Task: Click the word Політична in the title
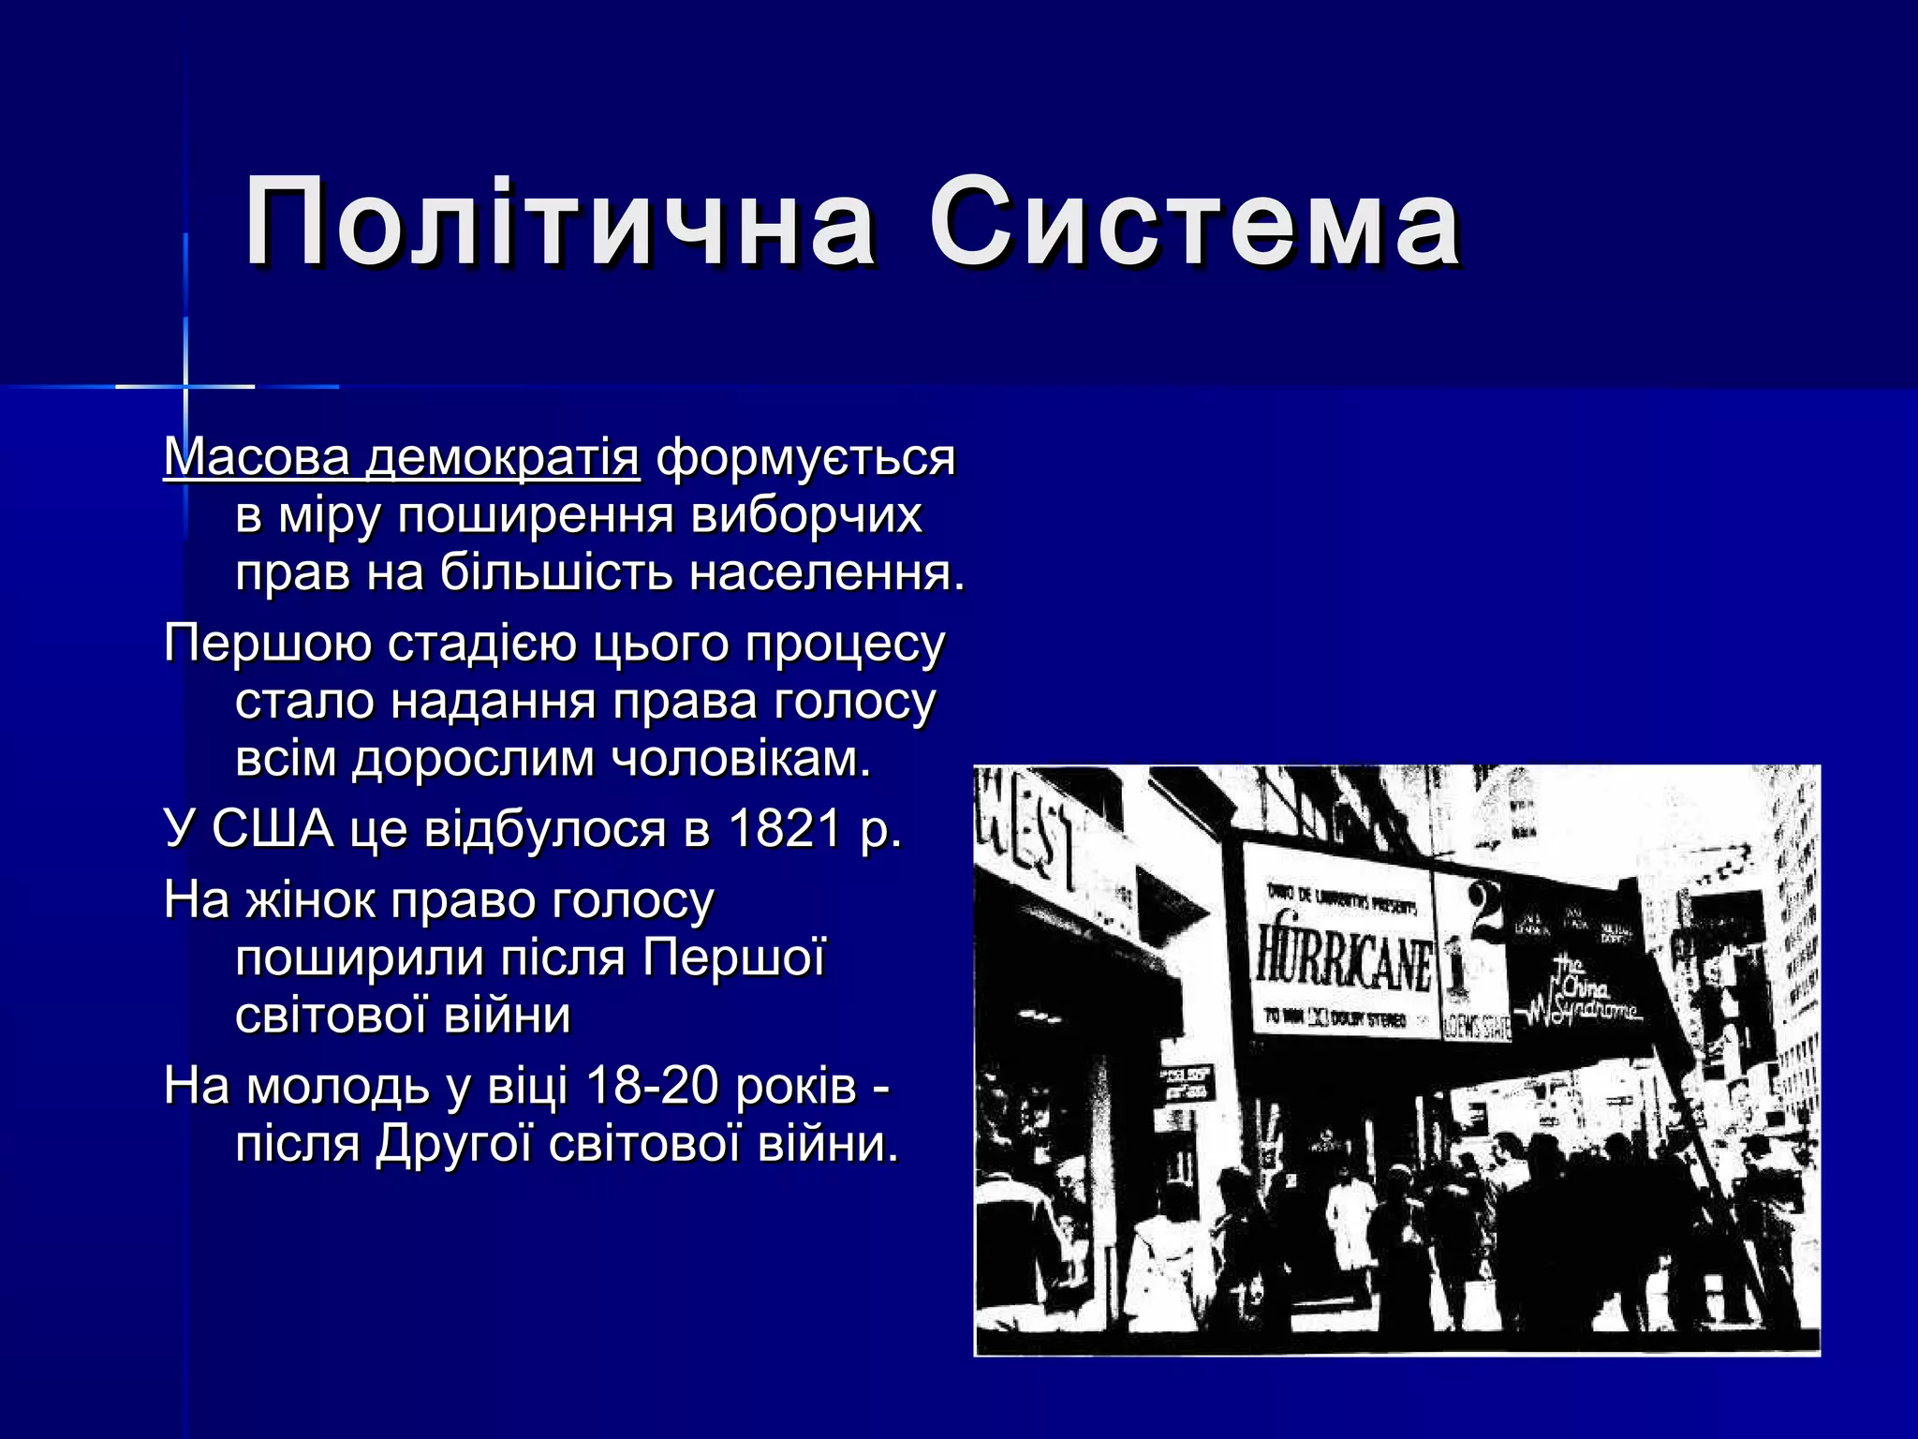559,225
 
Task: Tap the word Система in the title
1194,225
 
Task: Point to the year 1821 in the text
784,829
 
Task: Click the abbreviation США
273,829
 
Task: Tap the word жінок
310,900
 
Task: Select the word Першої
734,958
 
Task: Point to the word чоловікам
741,759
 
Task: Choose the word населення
827,573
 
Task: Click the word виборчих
805,516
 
